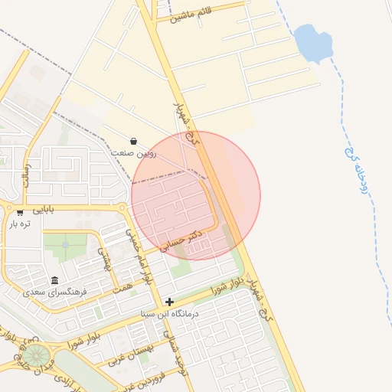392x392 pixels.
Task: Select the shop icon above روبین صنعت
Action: pyautogui.click(x=134, y=142)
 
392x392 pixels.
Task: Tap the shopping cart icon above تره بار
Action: pyautogui.click(x=19, y=213)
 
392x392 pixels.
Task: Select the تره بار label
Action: pyautogui.click(x=19, y=224)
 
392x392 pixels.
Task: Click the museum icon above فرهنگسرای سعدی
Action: pyautogui.click(x=54, y=280)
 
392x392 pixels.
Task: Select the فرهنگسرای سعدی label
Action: pyautogui.click(x=54, y=292)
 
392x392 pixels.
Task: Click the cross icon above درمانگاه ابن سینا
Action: pyautogui.click(x=169, y=302)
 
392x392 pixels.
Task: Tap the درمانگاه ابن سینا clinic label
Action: pyautogui.click(x=169, y=314)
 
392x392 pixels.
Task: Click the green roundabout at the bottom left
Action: pyautogui.click(x=34, y=354)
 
